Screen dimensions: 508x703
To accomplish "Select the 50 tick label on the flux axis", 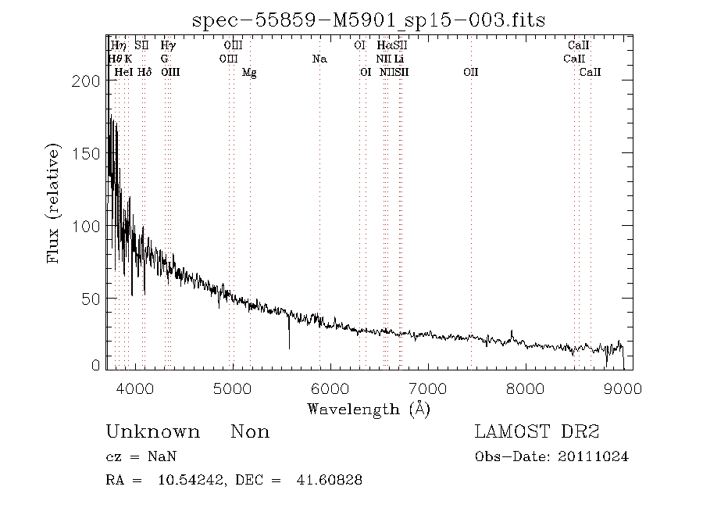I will (92, 299).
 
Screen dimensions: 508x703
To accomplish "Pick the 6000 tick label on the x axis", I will (330, 388).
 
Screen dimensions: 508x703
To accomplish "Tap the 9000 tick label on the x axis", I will (623, 388).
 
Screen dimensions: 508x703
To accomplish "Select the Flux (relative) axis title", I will (54, 202).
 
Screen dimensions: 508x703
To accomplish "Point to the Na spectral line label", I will (319, 59).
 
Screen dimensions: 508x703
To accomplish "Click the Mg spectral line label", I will (249, 73).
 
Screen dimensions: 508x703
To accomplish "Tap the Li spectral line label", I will (399, 59).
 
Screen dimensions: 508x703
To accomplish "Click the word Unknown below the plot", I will (152, 432).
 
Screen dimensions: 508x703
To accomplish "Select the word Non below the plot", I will (250, 432).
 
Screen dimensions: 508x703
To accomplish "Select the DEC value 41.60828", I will (329, 480).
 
